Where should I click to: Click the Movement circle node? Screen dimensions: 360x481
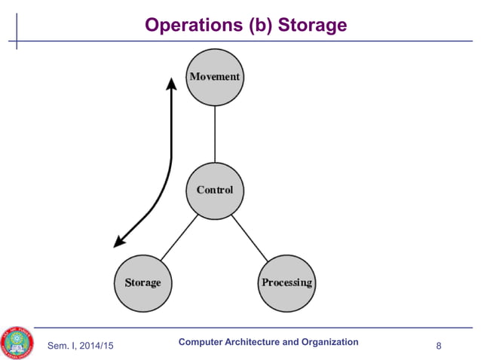click(x=215, y=77)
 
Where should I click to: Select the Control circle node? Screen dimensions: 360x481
click(x=215, y=190)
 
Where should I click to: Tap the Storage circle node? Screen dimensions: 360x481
click(x=142, y=282)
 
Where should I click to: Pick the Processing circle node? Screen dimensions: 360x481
click(x=286, y=282)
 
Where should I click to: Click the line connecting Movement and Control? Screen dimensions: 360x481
click(x=215, y=133)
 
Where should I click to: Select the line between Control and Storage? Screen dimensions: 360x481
click(x=179, y=236)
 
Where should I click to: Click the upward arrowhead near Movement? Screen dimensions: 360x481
click(x=172, y=81)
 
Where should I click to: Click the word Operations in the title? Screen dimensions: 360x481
click(x=191, y=26)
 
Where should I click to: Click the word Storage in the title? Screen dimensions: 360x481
click(x=313, y=26)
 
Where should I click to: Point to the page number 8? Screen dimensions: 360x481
click(x=439, y=346)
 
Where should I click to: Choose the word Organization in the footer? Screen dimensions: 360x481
click(x=329, y=342)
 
